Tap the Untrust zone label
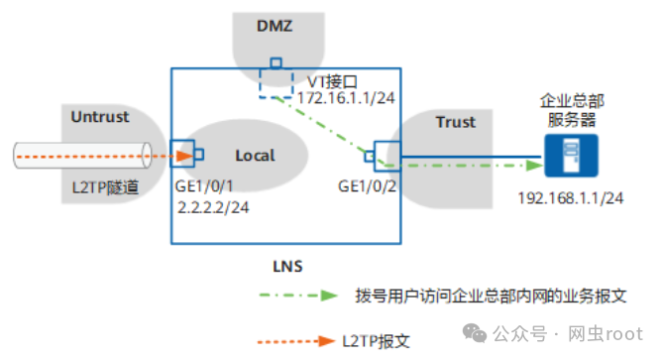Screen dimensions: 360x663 click(x=100, y=117)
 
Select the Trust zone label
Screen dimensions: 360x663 click(x=455, y=123)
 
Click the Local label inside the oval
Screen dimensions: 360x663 click(x=255, y=156)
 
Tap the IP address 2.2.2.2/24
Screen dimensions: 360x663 click(x=211, y=207)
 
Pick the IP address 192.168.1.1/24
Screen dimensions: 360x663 click(x=570, y=198)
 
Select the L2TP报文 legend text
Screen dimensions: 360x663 click(x=377, y=341)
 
